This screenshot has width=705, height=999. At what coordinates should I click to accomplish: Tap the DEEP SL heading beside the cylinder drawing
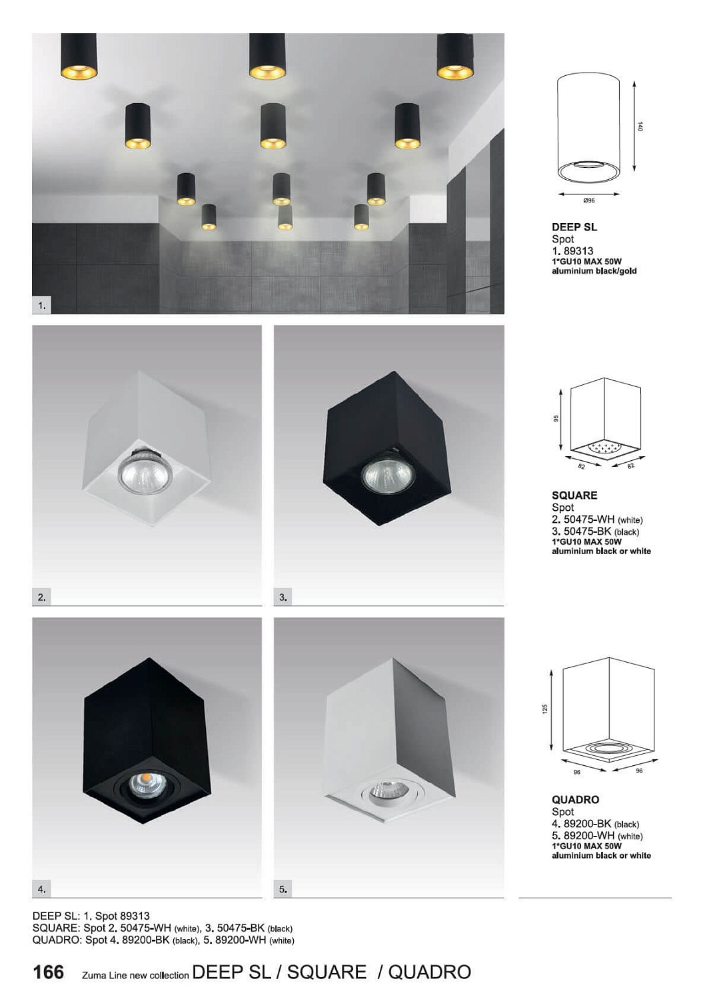coord(574,227)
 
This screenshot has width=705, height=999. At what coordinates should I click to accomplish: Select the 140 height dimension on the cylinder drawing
coord(640,127)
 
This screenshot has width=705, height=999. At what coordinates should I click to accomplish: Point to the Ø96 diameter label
coord(589,200)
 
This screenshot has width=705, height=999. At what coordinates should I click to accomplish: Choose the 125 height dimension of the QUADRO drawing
coord(545,709)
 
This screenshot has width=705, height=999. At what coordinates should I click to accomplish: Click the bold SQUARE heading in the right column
coord(574,495)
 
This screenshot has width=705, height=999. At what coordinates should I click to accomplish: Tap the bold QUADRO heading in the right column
coord(576,799)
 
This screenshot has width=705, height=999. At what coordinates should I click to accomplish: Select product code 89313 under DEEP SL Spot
coord(578,250)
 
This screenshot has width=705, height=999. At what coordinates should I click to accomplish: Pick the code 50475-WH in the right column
coord(589,519)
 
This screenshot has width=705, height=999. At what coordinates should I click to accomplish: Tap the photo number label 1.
coord(41,306)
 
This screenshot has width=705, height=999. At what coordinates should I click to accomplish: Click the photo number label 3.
coord(283,597)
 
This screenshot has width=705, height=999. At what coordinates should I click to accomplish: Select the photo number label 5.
coord(283,889)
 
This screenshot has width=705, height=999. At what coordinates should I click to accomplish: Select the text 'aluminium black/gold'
coord(594,270)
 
